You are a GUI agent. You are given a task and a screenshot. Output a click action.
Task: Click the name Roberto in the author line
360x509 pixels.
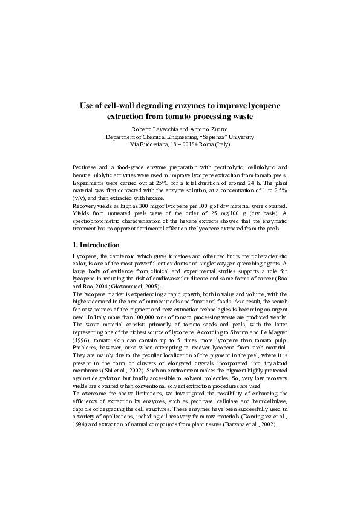click(143, 129)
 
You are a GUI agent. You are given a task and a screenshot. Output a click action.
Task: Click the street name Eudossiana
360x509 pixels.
click(155, 145)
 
